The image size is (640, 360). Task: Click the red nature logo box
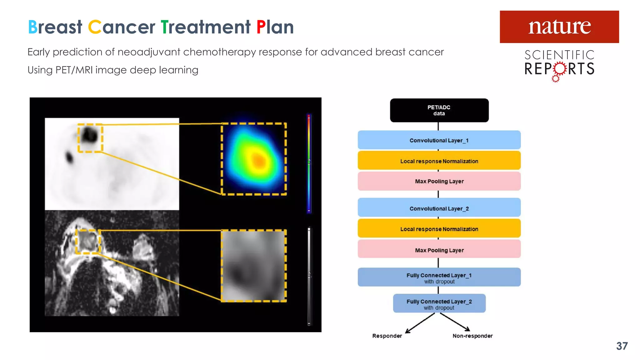[559, 27]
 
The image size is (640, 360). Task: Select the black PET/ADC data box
[439, 110]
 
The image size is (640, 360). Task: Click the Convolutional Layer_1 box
[439, 140]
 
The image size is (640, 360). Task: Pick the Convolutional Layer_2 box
[439, 208]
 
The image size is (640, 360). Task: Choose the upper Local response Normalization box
[439, 161]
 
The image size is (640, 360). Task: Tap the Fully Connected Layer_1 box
[439, 277]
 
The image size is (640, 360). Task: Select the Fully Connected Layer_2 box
[439, 303]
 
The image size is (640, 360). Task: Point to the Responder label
[387, 336]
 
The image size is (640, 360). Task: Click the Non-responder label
[472, 336]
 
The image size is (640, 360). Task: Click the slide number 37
[622, 346]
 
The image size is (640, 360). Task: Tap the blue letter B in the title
[32, 27]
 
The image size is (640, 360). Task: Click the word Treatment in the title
[205, 27]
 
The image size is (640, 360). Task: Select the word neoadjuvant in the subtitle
[149, 52]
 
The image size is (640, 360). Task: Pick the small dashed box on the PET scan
[90, 138]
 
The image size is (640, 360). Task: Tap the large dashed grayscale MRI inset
[254, 266]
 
